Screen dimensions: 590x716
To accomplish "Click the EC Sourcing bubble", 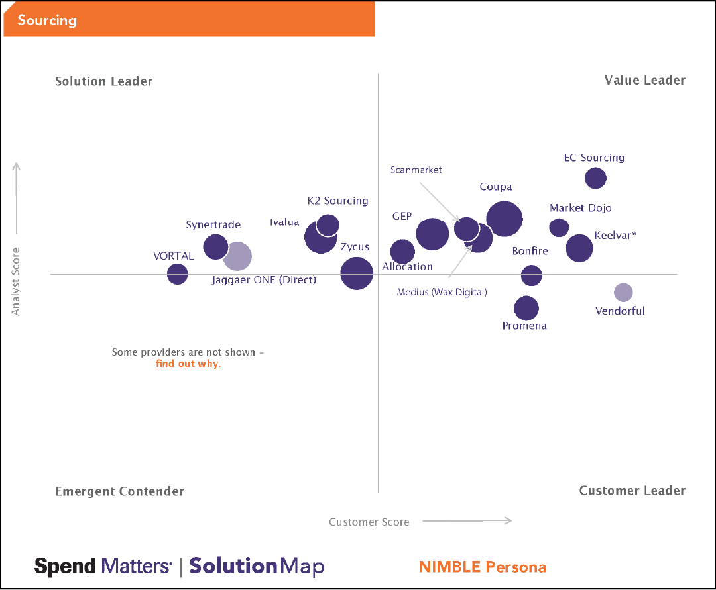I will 595,178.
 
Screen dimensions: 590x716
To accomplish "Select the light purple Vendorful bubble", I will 623,292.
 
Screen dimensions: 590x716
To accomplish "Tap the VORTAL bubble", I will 177,273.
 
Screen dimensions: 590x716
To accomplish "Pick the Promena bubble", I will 526,308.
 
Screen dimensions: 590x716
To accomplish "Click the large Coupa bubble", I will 505,219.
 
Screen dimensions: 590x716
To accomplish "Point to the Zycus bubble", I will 357,273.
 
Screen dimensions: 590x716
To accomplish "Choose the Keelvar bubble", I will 579,248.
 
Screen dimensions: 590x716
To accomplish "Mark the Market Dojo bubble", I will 560,227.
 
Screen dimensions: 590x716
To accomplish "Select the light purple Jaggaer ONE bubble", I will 237,256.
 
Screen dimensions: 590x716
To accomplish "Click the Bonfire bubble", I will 531,275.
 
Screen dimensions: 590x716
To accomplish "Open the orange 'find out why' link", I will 188,364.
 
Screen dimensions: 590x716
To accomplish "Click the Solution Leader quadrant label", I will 104,81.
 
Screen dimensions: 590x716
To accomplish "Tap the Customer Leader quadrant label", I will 632,491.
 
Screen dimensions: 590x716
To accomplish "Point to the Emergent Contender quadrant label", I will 119,491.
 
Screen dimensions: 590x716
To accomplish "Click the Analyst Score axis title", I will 17,281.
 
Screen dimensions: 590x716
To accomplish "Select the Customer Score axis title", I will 369,522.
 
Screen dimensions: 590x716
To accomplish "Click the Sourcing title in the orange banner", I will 47,20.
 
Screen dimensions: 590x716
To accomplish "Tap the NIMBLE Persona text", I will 482,567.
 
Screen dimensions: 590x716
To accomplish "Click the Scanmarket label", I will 416,170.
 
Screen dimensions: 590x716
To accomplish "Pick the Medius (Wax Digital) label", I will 442,291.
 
